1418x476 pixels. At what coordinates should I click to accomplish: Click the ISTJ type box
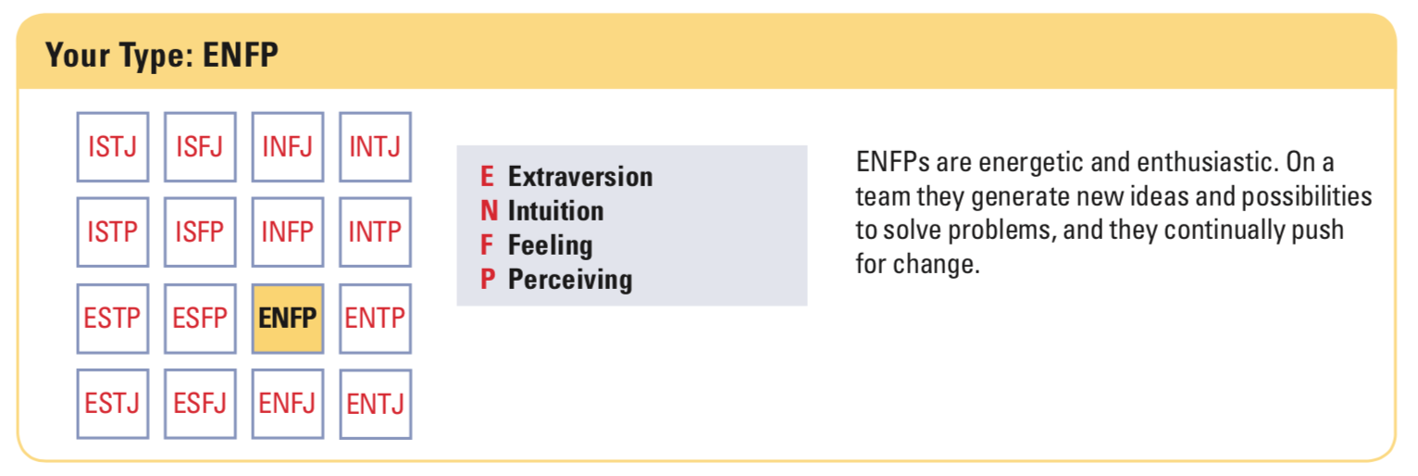coord(113,147)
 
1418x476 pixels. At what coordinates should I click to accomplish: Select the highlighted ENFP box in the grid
coord(288,319)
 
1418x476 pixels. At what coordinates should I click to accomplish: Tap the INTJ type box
coord(376,147)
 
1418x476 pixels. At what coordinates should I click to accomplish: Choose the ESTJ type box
coord(113,404)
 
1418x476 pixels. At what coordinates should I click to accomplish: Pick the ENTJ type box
coord(376,404)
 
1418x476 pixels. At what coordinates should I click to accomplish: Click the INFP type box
coord(288,232)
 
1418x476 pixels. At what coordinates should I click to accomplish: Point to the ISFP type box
coord(200,232)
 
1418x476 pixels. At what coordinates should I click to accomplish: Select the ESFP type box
coord(200,319)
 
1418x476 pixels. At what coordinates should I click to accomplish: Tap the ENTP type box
coord(376,319)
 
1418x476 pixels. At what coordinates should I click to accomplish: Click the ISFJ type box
coord(200,147)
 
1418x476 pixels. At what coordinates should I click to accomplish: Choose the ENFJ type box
coord(288,404)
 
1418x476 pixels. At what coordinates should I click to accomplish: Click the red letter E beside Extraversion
coord(487,177)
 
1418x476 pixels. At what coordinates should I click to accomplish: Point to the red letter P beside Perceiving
coord(488,279)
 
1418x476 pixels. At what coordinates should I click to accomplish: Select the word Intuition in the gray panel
coord(555,211)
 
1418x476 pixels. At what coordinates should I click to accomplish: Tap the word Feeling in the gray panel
coord(550,245)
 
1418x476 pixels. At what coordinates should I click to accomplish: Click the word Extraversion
coord(579,177)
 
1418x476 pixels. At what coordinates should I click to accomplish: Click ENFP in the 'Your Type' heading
coord(241,55)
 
